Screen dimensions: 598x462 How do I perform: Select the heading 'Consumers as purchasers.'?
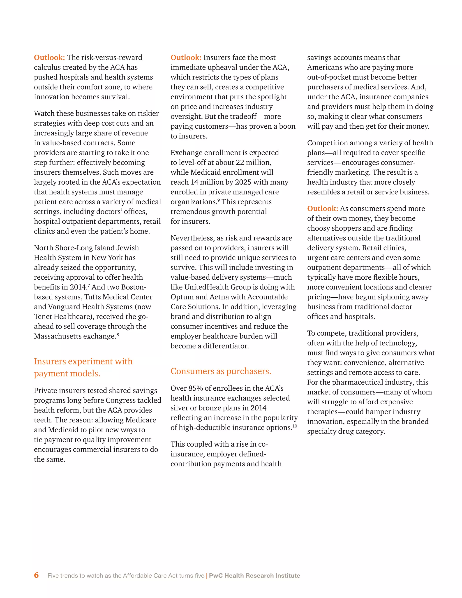(221, 371)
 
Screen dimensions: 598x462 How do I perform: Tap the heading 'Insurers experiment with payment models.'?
(83, 367)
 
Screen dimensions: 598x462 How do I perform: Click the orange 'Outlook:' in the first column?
(49, 58)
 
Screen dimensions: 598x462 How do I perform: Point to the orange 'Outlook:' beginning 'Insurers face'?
(186, 58)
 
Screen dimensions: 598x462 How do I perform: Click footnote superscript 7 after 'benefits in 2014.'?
(89, 285)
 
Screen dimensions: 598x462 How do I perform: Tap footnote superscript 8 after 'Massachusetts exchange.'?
(118, 334)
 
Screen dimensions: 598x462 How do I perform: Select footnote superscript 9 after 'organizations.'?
(218, 200)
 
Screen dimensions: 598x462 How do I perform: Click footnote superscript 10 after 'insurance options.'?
(295, 426)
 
